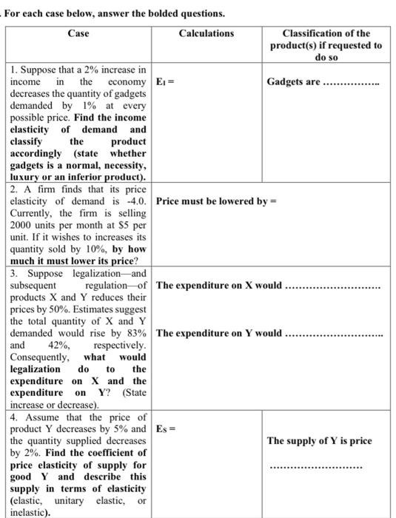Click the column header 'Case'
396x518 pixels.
pos(78,33)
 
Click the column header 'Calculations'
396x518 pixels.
pos(207,33)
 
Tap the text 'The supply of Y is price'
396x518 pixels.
pos(319,441)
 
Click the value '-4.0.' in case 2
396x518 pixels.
pos(134,201)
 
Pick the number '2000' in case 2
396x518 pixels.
pos(23,224)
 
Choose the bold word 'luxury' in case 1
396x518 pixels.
pos(29,177)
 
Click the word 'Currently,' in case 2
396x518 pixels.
pos(34,212)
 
